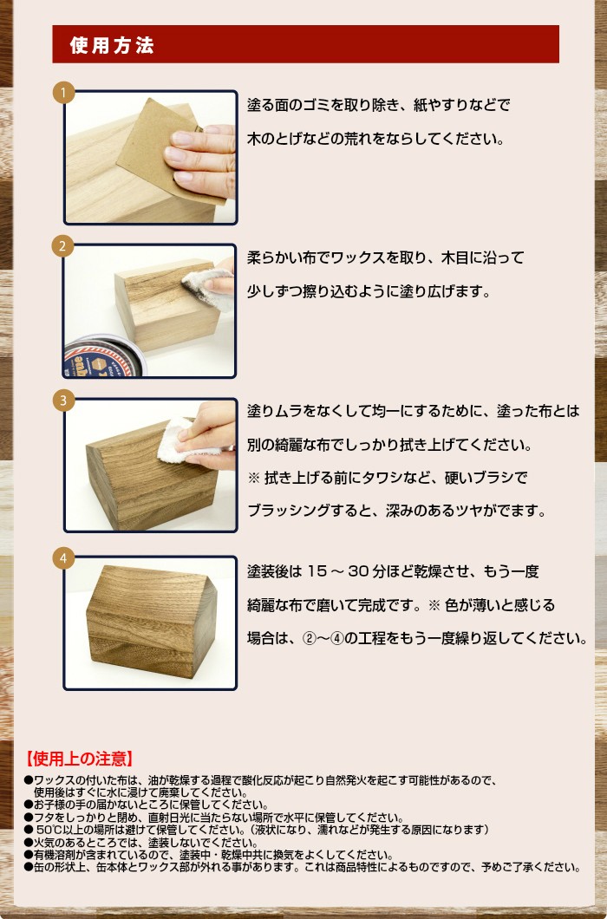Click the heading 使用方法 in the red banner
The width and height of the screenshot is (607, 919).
point(112,45)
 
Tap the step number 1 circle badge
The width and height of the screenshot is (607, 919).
point(63,93)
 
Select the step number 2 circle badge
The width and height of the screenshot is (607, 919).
point(63,246)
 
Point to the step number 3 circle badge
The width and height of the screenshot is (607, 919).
point(63,401)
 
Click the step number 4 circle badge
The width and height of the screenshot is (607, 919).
point(63,558)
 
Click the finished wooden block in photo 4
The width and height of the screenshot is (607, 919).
point(151,622)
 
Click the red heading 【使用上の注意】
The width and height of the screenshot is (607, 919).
point(79,759)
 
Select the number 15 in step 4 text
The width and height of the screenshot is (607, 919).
point(317,570)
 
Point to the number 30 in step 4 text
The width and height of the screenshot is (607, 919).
point(358,570)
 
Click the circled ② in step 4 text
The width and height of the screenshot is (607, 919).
point(310,639)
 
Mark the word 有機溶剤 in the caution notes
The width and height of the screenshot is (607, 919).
point(54,855)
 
